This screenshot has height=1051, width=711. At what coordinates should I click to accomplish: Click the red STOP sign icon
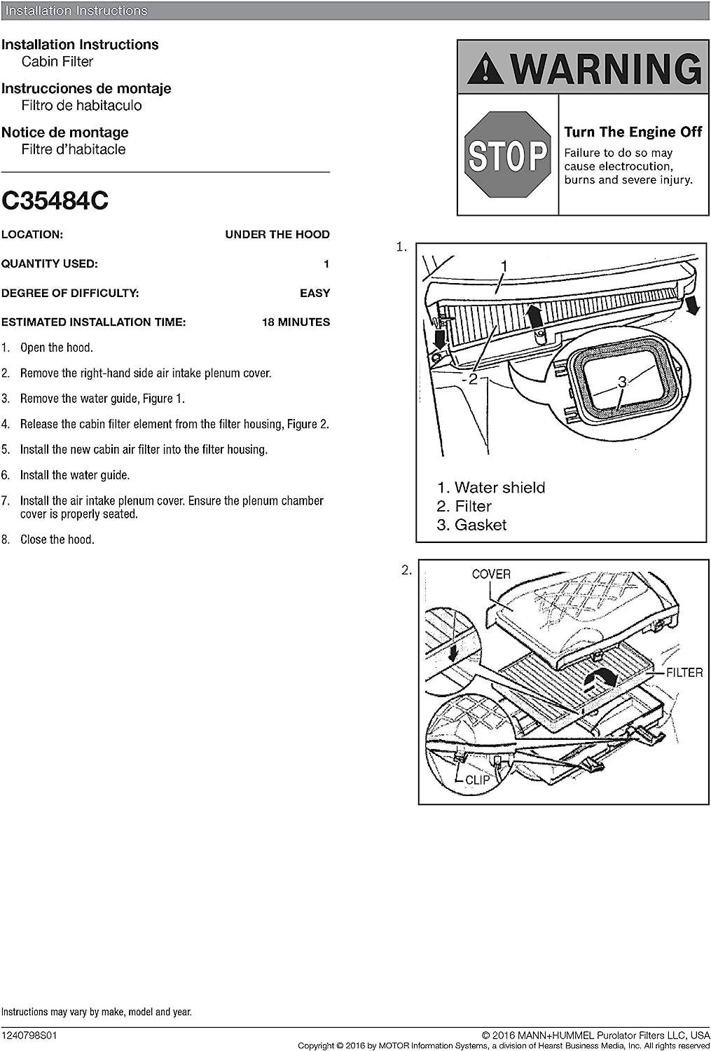[509, 155]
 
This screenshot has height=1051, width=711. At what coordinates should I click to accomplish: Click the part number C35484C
[55, 201]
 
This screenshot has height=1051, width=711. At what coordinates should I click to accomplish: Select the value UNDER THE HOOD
[277, 235]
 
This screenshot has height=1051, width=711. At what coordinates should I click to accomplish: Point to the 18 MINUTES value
[296, 322]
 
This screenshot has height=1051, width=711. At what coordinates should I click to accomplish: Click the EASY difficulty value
[315, 293]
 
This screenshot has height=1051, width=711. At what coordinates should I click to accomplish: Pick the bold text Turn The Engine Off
[633, 132]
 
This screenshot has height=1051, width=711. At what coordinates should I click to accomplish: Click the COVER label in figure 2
[491, 575]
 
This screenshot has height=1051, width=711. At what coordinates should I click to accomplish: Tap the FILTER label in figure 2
[684, 673]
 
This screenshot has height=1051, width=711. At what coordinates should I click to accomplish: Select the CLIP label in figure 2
[478, 780]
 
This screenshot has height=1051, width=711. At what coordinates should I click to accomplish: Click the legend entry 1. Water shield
[490, 488]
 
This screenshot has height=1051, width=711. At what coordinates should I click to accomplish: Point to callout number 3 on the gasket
[622, 381]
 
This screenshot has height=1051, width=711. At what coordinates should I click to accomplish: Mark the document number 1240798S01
[31, 1035]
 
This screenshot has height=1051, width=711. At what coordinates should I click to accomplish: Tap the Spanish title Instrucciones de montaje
[86, 88]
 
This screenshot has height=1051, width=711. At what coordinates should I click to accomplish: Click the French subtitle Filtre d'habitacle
[74, 149]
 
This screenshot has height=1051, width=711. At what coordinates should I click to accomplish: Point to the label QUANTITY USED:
[50, 264]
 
